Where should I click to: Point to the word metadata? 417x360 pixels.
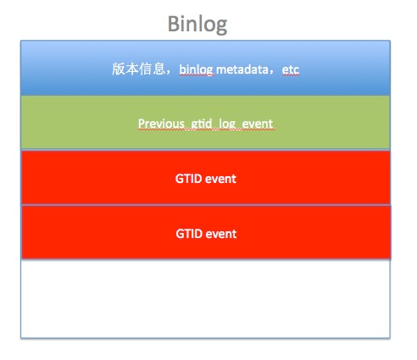tap(243, 69)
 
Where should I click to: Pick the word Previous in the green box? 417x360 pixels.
tap(161, 124)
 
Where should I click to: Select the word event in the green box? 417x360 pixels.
tap(258, 124)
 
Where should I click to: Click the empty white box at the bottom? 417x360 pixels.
tap(205, 298)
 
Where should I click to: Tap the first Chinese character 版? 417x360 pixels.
tap(118, 69)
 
